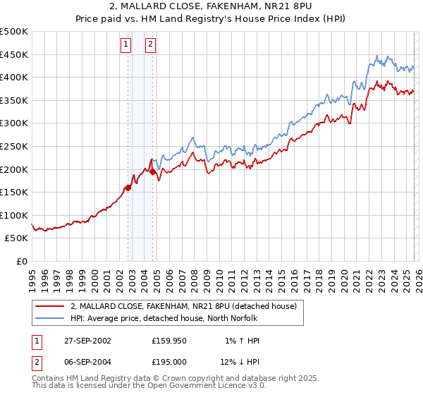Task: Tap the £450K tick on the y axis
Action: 14,54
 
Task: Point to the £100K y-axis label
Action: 14,215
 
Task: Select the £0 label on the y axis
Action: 23,261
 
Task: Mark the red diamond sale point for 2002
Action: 128,188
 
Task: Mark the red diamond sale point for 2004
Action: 152,171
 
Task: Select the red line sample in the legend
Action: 49,306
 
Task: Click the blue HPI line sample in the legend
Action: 49,318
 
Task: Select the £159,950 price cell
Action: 169,341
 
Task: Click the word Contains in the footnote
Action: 49,379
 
